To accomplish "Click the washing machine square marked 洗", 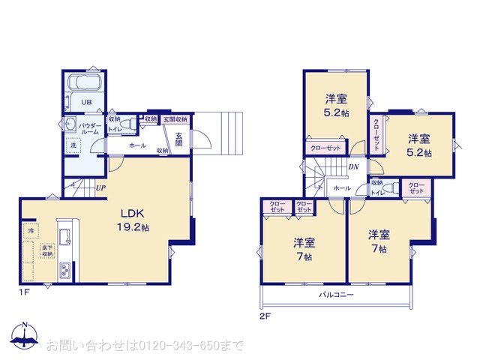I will (74, 146).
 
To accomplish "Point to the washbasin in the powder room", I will (71, 124).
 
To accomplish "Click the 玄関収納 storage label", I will (175, 119).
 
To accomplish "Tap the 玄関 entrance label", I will (180, 139).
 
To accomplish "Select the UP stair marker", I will (100, 188).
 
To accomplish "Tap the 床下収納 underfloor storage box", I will (47, 251).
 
